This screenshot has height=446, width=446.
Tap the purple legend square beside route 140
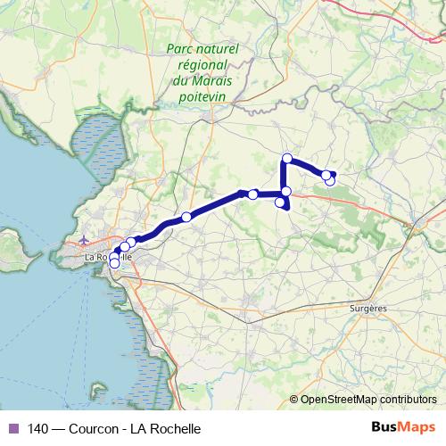12,428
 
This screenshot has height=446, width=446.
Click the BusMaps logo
403,427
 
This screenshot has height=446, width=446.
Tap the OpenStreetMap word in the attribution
335,400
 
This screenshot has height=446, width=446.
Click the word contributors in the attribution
408,400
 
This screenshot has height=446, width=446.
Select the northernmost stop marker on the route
286,159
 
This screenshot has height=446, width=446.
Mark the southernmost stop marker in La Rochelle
113,263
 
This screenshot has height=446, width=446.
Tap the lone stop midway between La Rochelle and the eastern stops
186,217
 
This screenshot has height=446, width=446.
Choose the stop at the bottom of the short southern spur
281,203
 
